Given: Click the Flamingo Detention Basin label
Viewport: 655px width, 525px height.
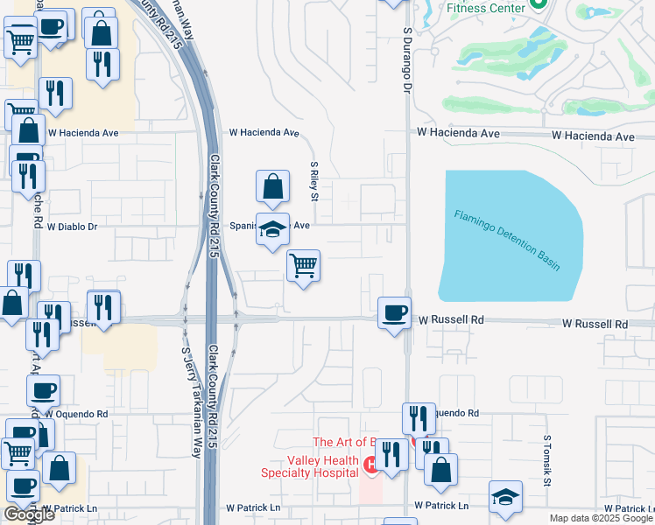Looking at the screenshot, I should pos(507,240).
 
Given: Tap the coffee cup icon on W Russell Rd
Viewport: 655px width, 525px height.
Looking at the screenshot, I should pos(394,312).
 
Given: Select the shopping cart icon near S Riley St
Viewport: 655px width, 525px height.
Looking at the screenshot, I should pos(303,265).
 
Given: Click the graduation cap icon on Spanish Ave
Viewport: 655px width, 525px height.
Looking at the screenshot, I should pos(272,229).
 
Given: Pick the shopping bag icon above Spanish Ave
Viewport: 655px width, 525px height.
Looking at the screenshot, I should pos(272,185).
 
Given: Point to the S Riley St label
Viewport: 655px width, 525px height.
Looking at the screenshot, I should pos(313,178).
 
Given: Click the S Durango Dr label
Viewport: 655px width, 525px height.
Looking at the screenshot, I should pos(407,59).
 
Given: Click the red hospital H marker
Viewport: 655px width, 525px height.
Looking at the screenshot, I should pos(371,464).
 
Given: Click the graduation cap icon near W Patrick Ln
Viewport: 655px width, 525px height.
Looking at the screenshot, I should pos(505,497).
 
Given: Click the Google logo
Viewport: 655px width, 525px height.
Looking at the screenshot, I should pos(29,514).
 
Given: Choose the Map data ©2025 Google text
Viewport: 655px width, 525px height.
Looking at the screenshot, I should pos(601,518).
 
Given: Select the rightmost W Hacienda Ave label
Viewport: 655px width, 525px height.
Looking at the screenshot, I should pos(593,136).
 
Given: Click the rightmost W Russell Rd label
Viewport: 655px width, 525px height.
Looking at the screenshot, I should pos(595,324).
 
